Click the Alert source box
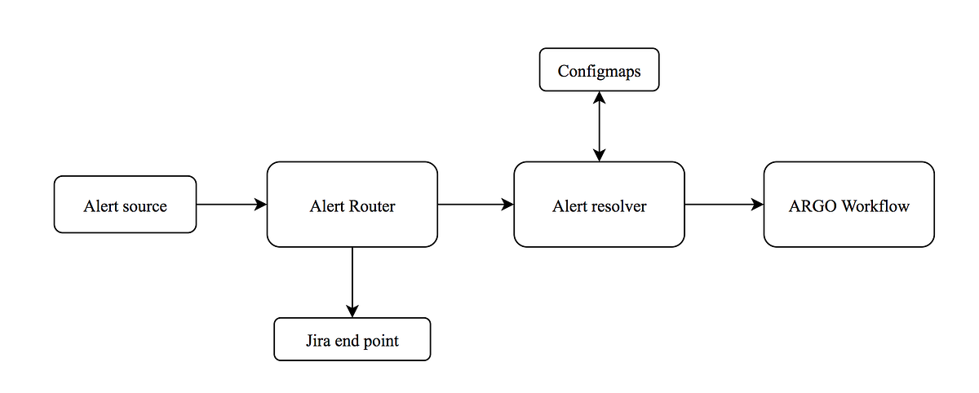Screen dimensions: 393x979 [125, 205]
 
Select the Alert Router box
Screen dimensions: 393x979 [352, 205]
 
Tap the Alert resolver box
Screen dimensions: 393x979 [599, 205]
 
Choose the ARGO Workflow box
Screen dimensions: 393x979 [848, 205]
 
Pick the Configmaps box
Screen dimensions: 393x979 [599, 71]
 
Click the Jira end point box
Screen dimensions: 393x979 [352, 339]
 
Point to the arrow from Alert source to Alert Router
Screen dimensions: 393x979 [232, 205]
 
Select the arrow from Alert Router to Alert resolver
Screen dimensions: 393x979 [476, 205]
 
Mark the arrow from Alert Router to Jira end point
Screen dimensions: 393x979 [352, 281]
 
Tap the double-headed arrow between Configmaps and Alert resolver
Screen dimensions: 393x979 [600, 126]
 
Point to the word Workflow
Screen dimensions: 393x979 [875, 205]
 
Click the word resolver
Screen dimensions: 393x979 [619, 205]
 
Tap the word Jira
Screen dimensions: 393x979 [318, 340]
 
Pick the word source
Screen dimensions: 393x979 [145, 205]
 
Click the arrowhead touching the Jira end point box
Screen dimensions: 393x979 [352, 311]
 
